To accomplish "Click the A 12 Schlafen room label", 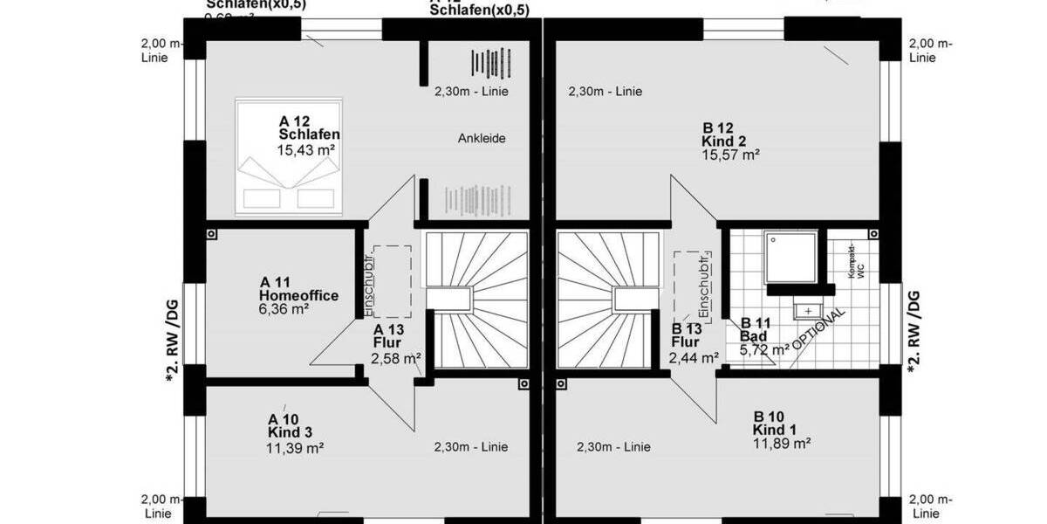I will tap(309, 128).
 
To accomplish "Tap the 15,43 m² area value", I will tap(306, 150).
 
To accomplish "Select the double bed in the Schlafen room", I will tap(289, 157).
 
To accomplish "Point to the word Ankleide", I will tap(482, 138).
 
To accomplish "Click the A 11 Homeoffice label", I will tap(298, 289).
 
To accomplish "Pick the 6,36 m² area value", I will tap(284, 308).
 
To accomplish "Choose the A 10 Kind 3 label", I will tap(290, 425).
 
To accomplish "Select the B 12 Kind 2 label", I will tap(726, 133).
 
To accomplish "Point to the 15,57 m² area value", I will tap(730, 155).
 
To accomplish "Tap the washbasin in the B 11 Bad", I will tap(809, 309).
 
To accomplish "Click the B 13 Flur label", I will tap(688, 336).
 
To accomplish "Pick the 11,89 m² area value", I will tap(782, 444).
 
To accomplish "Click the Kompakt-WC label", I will tap(855, 262).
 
